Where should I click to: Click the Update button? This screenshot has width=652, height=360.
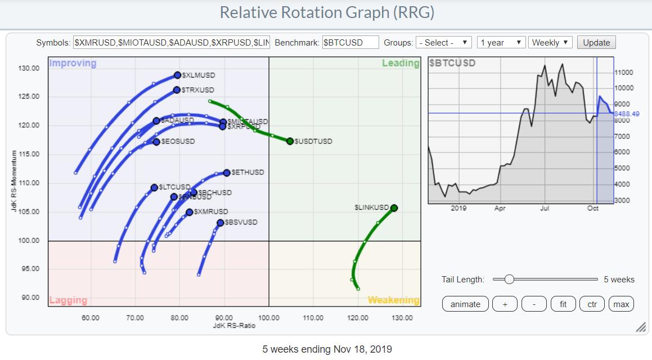tap(596, 43)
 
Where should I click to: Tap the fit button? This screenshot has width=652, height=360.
tap(563, 304)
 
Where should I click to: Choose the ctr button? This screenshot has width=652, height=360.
tap(592, 304)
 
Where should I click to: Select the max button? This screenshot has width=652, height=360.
tap(621, 304)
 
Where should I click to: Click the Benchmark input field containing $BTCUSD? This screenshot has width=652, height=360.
tap(350, 43)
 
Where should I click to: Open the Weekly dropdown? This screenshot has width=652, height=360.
tap(550, 43)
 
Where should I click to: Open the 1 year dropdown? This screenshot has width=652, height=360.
tap(501, 43)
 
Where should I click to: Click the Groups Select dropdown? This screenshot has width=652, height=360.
tap(443, 43)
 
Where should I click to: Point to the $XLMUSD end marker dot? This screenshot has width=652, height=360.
tap(177, 75)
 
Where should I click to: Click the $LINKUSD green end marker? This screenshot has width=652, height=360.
tap(394, 208)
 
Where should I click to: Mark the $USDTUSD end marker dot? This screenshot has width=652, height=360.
tap(290, 141)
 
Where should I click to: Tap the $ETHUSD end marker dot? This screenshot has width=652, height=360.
tap(227, 173)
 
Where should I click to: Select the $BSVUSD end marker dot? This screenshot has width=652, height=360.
tap(221, 223)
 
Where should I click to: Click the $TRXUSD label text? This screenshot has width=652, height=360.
tap(197, 90)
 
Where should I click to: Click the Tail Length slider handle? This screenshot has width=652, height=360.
tap(509, 279)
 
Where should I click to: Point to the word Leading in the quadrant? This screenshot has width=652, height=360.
tap(401, 63)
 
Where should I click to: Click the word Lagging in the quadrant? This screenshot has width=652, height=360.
tap(68, 300)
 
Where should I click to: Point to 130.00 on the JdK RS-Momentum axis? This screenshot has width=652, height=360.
tap(28, 69)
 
